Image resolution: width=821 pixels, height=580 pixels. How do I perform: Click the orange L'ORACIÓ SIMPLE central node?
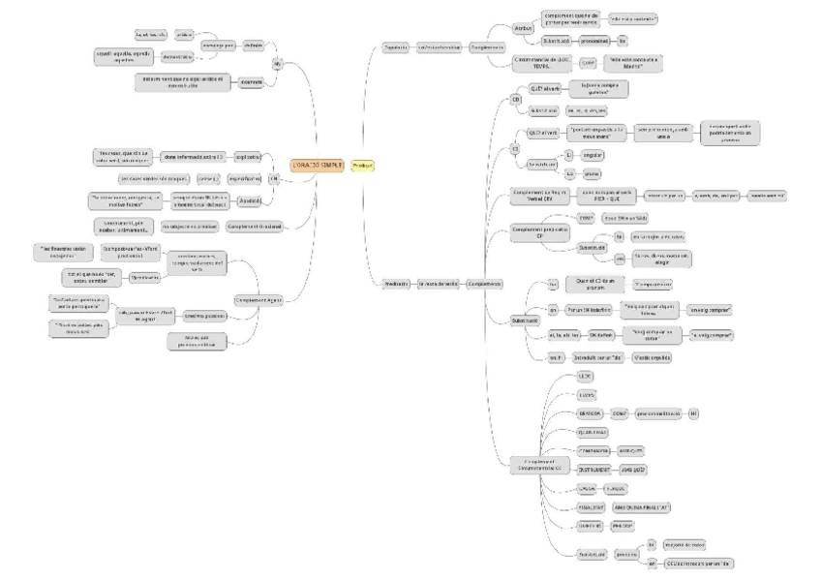pos(318,165)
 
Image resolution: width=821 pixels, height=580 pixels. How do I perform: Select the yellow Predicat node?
pos(363,165)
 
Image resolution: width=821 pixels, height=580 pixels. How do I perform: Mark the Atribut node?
pos(520,28)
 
